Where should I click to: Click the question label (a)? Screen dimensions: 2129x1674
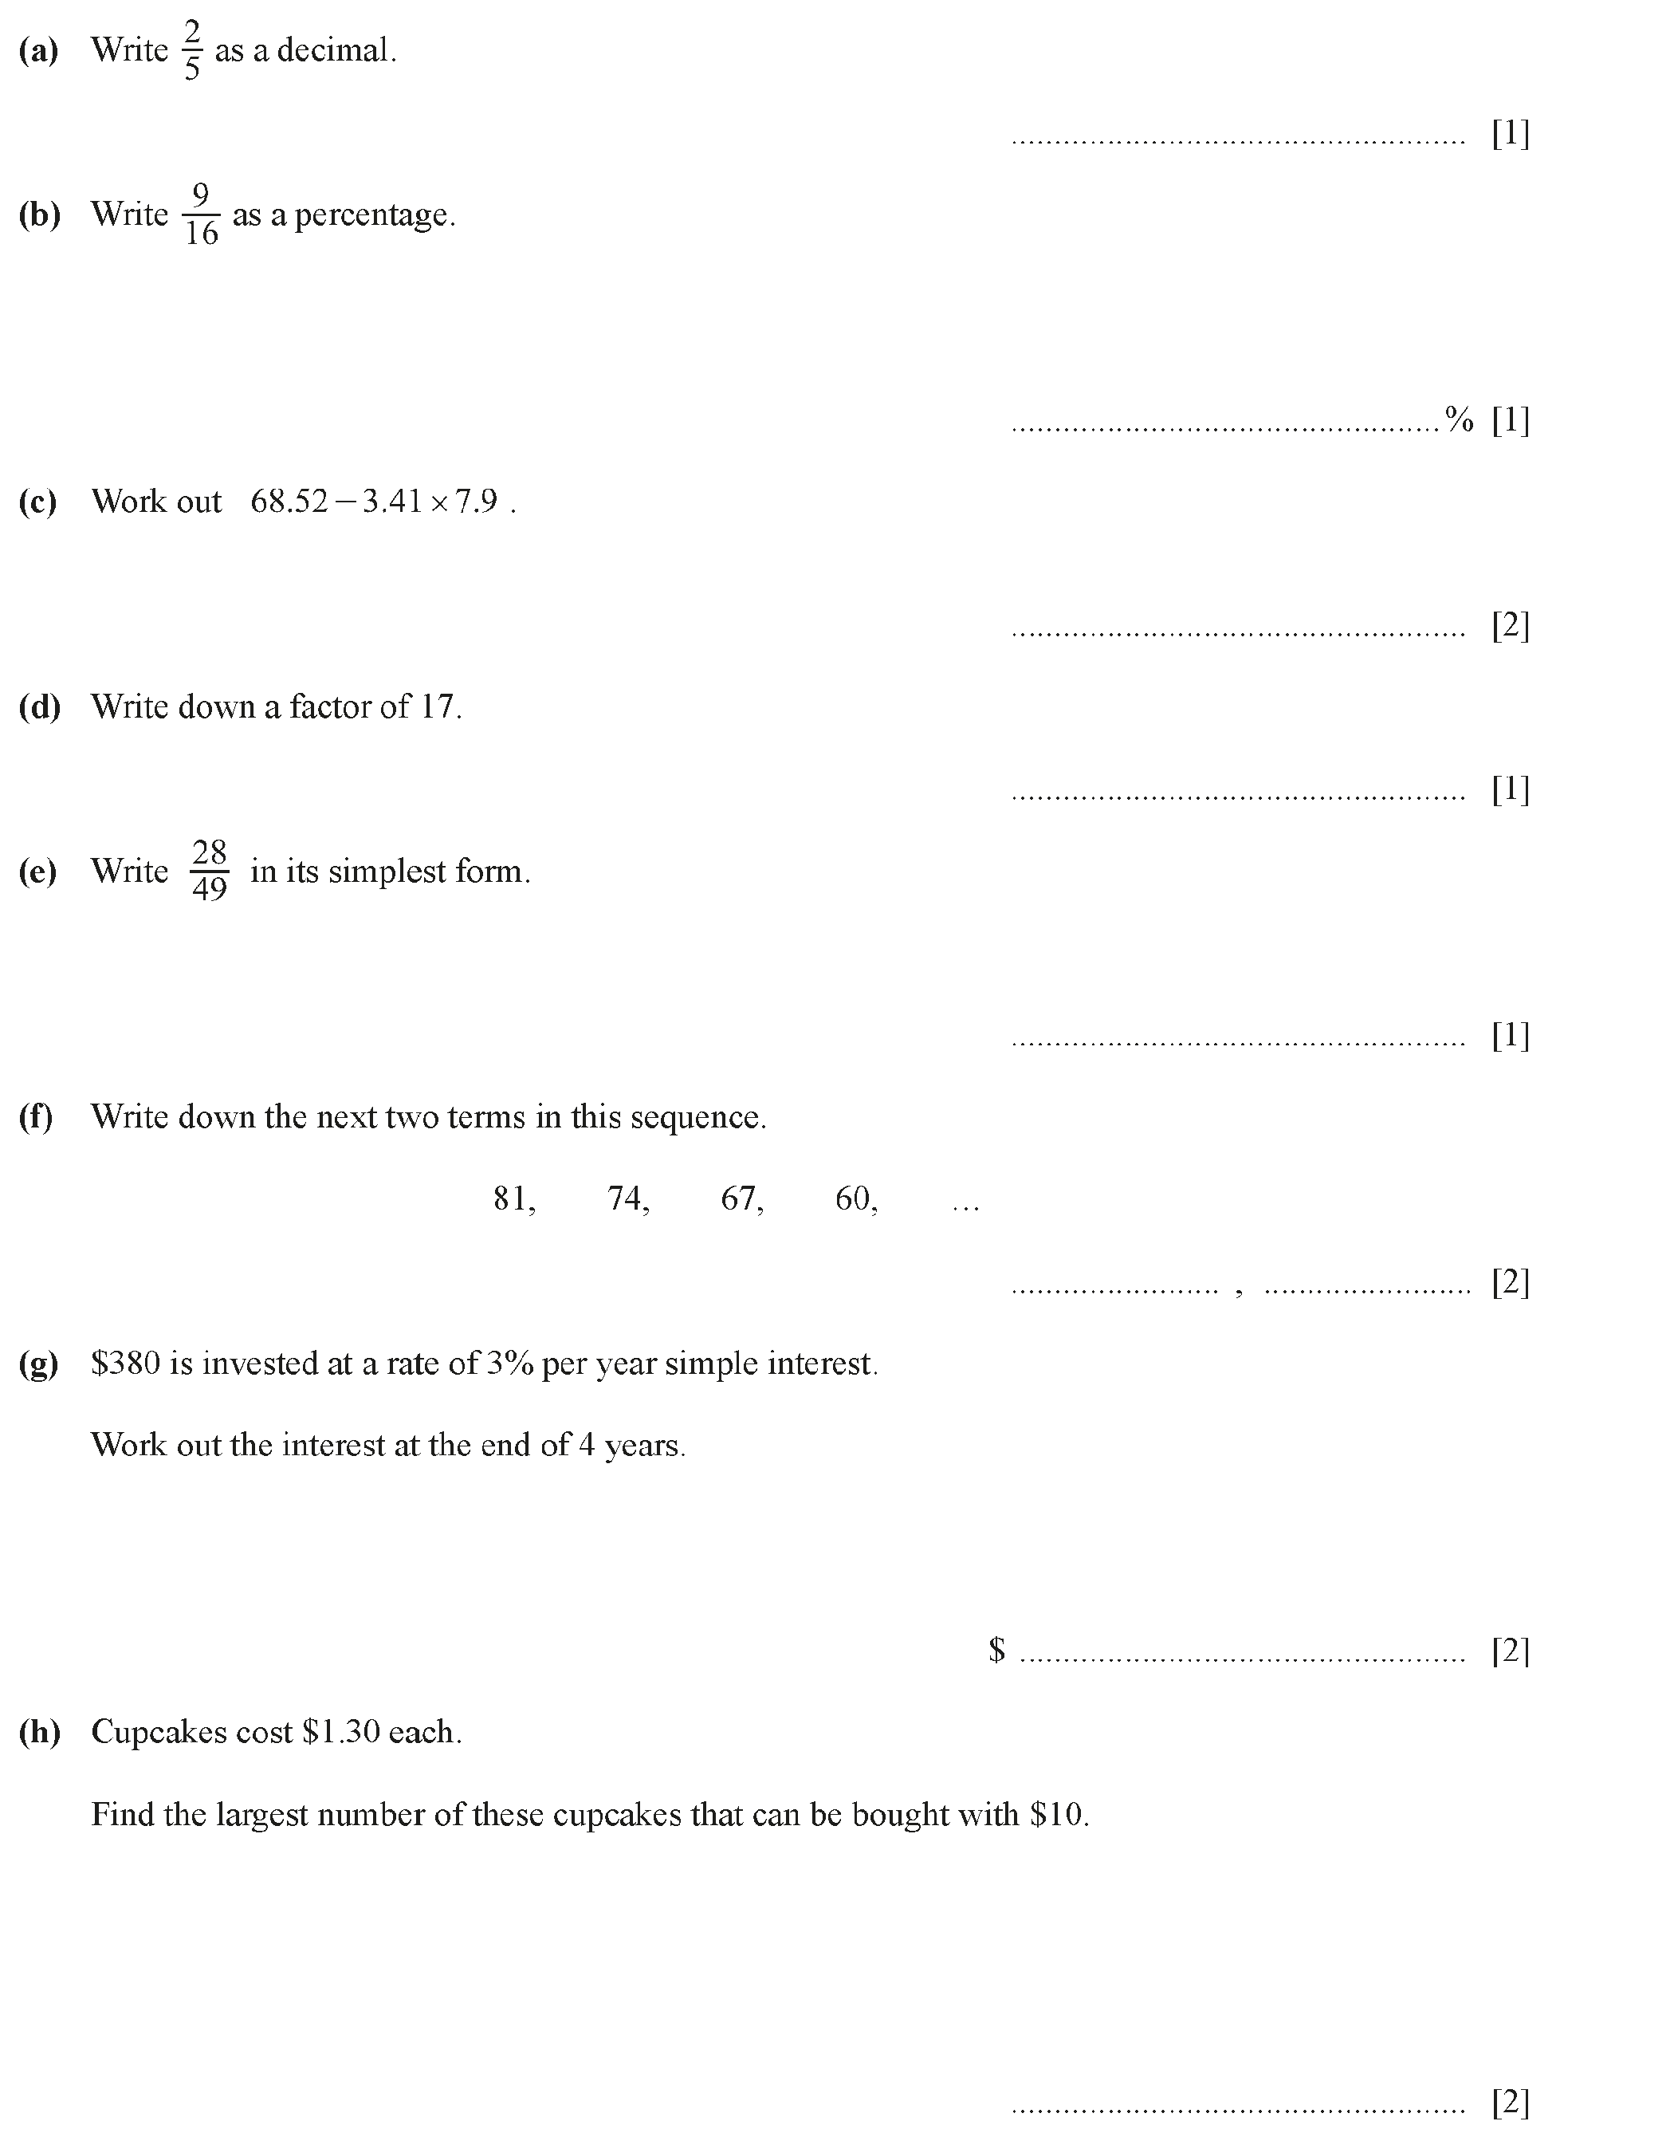click(38, 51)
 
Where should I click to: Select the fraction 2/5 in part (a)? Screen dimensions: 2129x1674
click(191, 51)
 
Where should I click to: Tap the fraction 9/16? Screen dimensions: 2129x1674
click(201, 214)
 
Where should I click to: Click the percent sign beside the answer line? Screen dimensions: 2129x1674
click(1459, 420)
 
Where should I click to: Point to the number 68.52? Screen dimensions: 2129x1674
click(289, 502)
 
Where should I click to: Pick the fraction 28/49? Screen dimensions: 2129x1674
click(209, 871)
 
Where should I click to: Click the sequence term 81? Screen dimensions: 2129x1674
click(512, 1198)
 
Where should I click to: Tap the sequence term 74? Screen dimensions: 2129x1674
click(625, 1198)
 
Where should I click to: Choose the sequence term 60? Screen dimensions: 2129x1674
click(854, 1198)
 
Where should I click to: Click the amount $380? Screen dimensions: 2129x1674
click(125, 1364)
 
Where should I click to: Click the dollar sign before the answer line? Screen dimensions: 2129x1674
click(996, 1650)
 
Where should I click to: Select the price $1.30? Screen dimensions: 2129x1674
click(341, 1732)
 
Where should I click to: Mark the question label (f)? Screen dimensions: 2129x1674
click(36, 1117)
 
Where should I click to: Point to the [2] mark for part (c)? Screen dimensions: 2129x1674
click(1509, 624)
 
